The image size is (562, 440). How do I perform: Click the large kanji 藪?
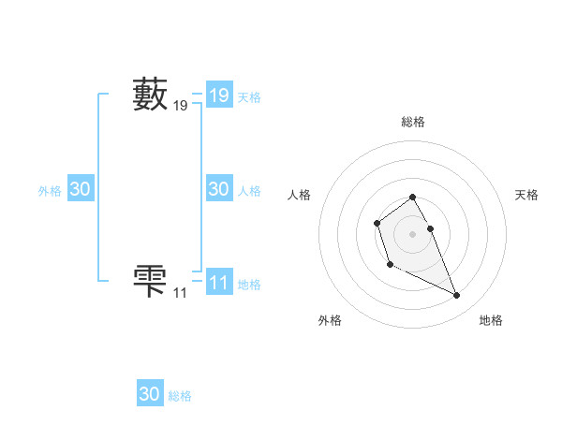click(x=150, y=95)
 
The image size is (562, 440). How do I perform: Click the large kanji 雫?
click(x=150, y=282)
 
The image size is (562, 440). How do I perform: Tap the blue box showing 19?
click(x=218, y=95)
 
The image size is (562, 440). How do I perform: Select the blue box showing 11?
click(x=218, y=283)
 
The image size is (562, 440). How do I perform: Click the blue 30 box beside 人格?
click(x=218, y=189)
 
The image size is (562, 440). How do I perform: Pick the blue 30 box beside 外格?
click(x=80, y=189)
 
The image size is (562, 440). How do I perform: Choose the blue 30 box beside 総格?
click(x=150, y=394)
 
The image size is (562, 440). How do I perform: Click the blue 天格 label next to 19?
click(x=249, y=97)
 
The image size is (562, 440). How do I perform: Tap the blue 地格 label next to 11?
click(x=249, y=285)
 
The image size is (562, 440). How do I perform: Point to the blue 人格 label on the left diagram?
click(x=249, y=191)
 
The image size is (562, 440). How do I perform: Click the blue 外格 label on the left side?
click(x=50, y=191)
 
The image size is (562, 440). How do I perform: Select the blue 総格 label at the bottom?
click(x=180, y=396)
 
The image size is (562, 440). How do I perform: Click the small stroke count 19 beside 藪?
click(x=180, y=107)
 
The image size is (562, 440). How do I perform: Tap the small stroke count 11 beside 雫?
click(x=180, y=294)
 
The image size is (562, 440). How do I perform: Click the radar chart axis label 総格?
click(x=413, y=122)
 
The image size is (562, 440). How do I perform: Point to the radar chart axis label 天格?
click(x=527, y=195)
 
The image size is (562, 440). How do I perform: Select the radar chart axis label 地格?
click(x=491, y=320)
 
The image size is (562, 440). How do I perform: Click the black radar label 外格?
click(x=330, y=320)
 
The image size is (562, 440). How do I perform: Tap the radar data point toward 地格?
click(x=457, y=296)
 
